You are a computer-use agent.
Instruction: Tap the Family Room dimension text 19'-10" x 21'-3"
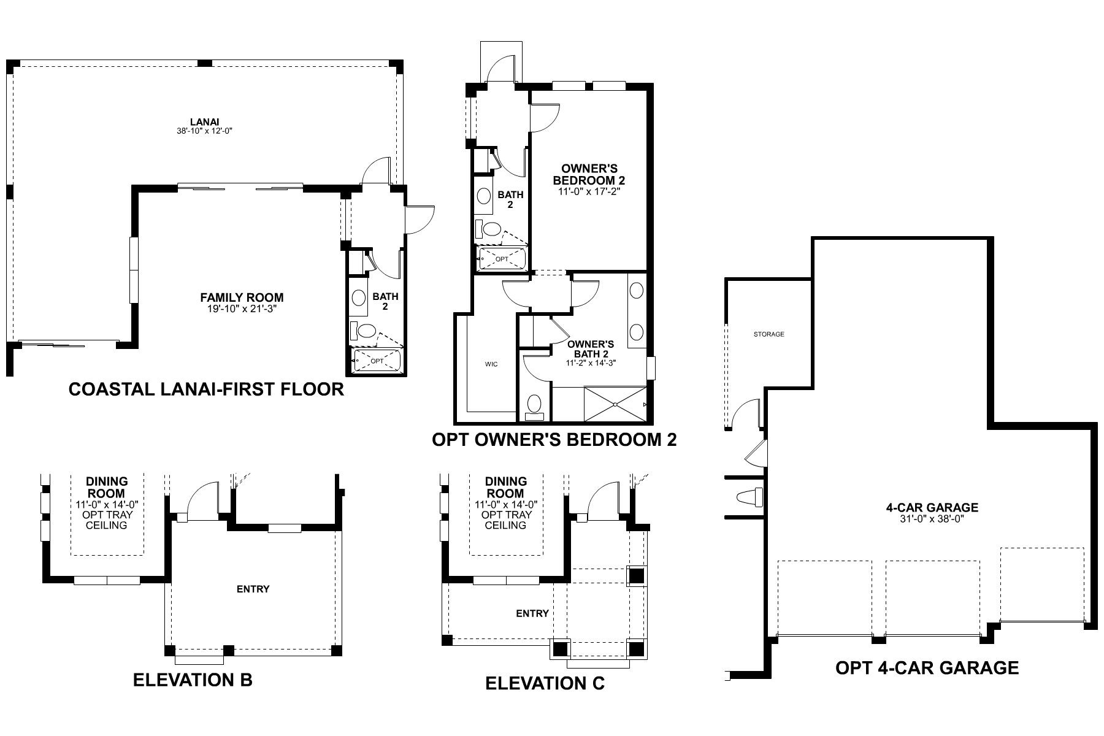242,309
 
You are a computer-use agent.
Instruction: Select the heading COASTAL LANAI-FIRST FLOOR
206,389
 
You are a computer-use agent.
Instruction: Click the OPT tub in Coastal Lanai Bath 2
377,361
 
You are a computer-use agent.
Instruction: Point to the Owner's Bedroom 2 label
588,174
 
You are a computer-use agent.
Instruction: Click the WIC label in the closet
491,364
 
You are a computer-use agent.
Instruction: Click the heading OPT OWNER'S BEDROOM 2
554,440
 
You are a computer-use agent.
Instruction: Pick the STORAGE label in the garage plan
769,334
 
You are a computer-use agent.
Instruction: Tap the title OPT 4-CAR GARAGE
927,668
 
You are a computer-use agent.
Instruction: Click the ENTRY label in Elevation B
253,589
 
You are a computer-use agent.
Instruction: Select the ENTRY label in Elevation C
532,613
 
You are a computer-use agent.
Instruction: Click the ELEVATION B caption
193,680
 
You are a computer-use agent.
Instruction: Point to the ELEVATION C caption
545,683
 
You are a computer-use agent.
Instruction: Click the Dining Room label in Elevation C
506,487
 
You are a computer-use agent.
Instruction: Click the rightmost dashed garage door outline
1042,584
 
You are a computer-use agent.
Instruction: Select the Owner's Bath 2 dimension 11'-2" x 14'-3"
591,362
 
